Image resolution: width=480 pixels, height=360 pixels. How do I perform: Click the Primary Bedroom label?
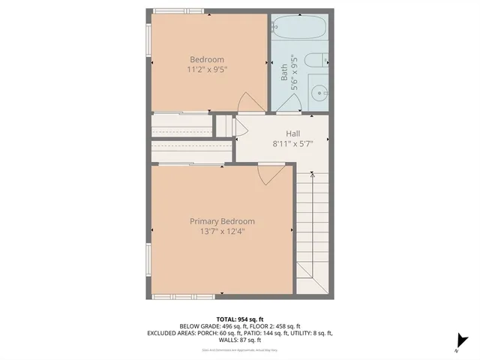pyautogui.click(x=221, y=221)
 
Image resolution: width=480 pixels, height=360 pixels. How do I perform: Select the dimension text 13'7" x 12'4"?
pyautogui.click(x=221, y=232)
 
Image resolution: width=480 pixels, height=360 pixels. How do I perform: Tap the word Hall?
pyautogui.click(x=283, y=133)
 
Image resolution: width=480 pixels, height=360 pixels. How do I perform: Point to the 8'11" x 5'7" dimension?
pyautogui.click(x=283, y=143)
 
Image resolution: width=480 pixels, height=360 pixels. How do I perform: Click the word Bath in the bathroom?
pyautogui.click(x=284, y=72)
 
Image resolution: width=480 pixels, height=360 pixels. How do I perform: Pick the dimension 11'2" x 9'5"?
pyautogui.click(x=207, y=70)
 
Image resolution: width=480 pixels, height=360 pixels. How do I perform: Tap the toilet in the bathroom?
pyautogui.click(x=318, y=60)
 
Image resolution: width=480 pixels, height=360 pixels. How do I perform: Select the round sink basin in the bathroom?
pyautogui.click(x=319, y=94)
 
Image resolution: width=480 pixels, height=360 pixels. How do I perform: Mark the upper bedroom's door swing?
pyautogui.click(x=248, y=103)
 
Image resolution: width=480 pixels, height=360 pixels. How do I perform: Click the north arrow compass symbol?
pyautogui.click(x=462, y=341)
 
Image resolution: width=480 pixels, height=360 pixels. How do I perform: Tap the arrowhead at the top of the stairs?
pyautogui.click(x=313, y=175)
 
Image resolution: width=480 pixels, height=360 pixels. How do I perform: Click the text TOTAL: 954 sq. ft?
pyautogui.click(x=240, y=318)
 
